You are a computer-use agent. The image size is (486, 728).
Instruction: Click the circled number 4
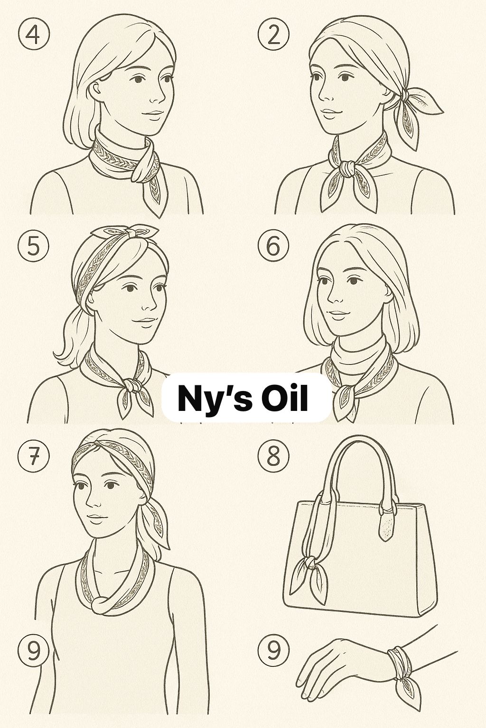(33, 35)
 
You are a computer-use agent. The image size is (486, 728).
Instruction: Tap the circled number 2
(273, 35)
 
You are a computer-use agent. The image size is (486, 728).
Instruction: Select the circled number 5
(33, 246)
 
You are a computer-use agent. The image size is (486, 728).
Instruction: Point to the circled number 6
(273, 246)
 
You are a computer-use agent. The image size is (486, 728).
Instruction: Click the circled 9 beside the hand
(273, 650)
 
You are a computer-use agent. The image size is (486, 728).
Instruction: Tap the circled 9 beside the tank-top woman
(33, 650)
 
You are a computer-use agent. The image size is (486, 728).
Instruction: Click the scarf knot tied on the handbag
(310, 563)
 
